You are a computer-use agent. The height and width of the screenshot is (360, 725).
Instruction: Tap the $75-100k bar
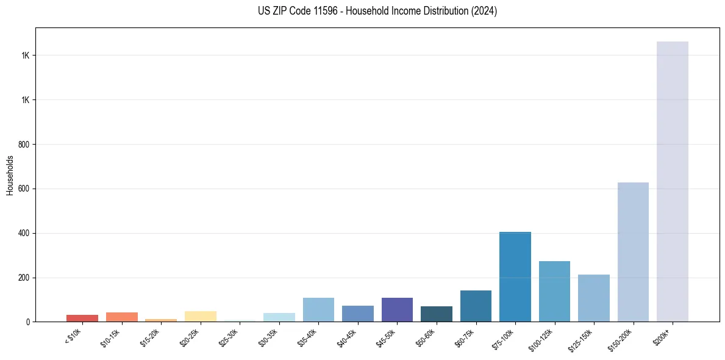(x=515, y=277)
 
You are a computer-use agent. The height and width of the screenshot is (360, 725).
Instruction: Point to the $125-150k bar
(x=593, y=298)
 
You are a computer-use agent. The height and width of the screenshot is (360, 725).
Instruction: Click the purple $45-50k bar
(x=397, y=310)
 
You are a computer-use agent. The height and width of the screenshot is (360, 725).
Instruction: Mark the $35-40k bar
(x=318, y=310)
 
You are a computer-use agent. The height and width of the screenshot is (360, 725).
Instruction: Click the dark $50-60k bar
(x=436, y=314)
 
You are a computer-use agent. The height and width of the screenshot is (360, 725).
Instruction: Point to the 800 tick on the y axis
(x=24, y=145)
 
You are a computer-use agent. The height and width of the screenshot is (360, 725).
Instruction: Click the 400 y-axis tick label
(x=24, y=234)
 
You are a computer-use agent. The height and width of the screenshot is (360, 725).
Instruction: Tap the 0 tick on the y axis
(x=28, y=322)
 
